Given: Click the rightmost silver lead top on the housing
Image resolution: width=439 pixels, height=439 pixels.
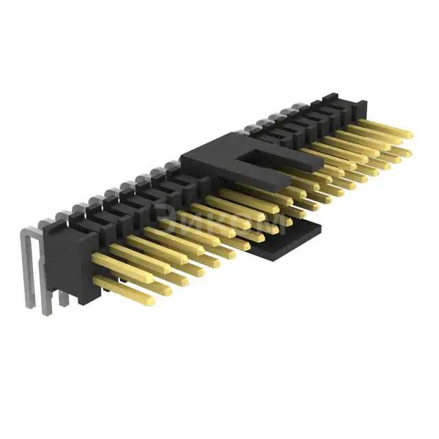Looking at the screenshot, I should [302, 107].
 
